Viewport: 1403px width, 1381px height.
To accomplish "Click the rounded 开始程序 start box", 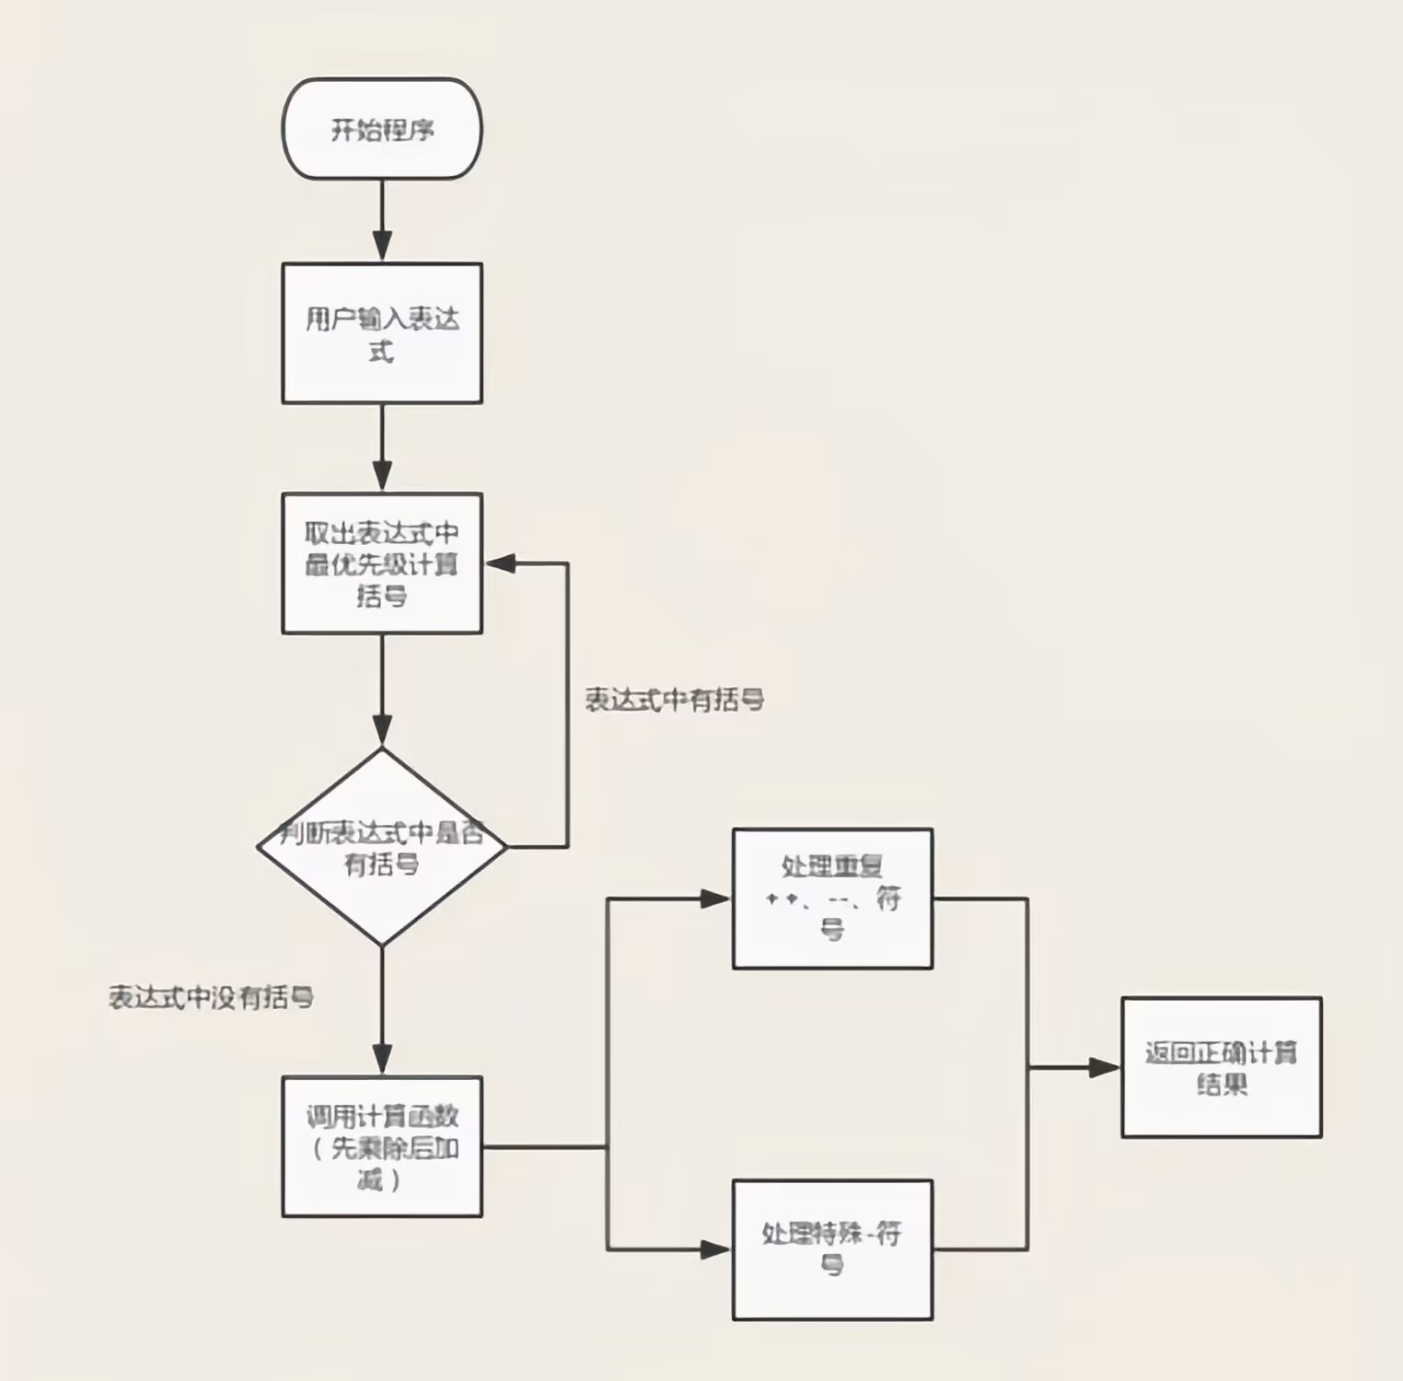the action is click(381, 129).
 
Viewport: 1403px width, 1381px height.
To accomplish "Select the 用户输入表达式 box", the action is click(381, 333).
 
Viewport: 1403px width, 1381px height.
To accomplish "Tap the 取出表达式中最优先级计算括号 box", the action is click(381, 563).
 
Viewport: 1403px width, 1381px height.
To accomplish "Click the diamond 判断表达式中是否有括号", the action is click(381, 847).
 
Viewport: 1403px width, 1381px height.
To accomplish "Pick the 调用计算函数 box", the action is click(381, 1146).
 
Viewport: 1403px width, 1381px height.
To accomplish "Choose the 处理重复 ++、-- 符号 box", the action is click(832, 899).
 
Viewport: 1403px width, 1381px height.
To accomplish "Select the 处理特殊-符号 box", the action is click(832, 1249).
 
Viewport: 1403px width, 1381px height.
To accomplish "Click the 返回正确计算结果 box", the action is click(1221, 1067).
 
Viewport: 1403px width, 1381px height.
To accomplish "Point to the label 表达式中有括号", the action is click(674, 701).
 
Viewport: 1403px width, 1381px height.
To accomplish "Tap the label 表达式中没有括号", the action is click(211, 997).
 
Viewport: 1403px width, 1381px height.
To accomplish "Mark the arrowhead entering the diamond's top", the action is click(381, 732).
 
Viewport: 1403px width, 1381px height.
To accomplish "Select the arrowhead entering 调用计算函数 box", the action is click(381, 1061).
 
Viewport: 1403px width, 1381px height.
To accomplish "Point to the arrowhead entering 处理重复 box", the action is click(716, 899).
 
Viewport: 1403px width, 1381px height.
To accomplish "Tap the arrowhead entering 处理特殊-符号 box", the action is click(716, 1249).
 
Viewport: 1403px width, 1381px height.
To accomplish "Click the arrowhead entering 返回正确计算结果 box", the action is click(1104, 1068).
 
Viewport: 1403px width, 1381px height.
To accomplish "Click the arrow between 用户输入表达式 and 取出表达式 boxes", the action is click(381, 447).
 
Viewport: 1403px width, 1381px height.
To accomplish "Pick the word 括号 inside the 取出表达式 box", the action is click(381, 596).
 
